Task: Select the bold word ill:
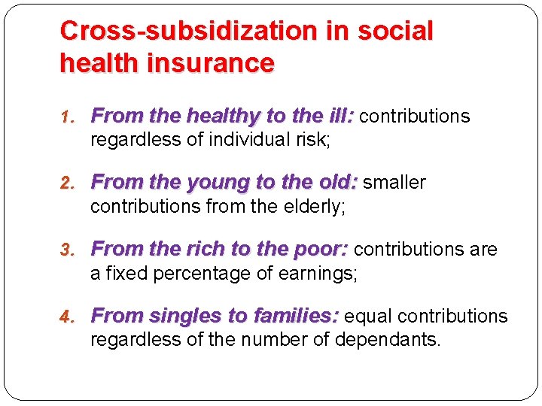tap(336, 117)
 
